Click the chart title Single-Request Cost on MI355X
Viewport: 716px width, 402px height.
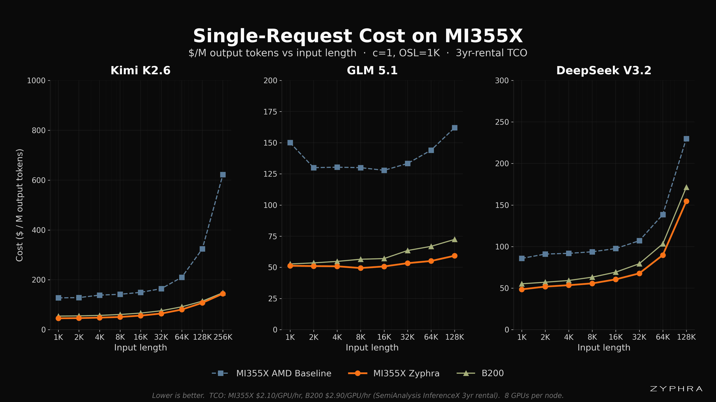[x=358, y=36]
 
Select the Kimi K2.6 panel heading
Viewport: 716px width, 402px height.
[x=140, y=71]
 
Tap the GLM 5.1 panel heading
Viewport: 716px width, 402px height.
[x=372, y=71]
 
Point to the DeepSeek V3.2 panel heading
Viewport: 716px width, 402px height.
[x=604, y=71]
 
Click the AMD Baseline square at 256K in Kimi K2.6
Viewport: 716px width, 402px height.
[x=223, y=175]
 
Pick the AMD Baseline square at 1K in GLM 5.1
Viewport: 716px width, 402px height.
[x=290, y=143]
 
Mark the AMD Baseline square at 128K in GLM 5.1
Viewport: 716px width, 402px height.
[x=454, y=128]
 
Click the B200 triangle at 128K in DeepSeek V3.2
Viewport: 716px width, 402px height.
[x=686, y=187]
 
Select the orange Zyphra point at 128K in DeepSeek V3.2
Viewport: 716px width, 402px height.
[x=686, y=201]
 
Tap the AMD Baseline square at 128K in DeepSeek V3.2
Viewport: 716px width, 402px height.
[x=686, y=139]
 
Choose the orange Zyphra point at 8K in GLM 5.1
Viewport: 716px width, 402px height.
[x=360, y=268]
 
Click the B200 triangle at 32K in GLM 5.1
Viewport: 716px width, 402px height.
[x=407, y=251]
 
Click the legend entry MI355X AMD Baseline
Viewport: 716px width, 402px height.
[x=271, y=373]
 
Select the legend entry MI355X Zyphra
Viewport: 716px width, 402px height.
[x=394, y=373]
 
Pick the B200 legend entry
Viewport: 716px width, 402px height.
[x=480, y=373]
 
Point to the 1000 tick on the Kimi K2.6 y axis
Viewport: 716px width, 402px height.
[x=36, y=80]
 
